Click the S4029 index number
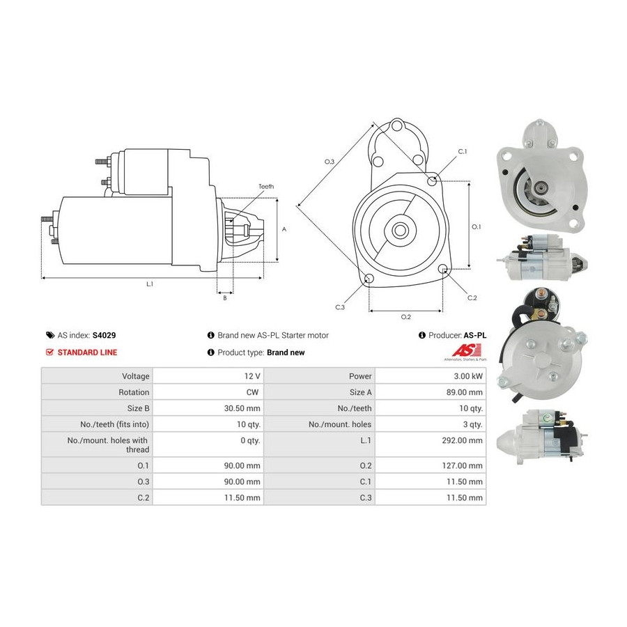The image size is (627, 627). (104, 335)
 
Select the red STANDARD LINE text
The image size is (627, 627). (87, 353)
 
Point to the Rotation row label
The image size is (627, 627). (134, 392)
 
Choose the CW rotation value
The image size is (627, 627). (252, 392)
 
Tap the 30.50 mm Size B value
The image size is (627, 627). (242, 408)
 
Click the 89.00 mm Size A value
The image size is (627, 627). (464, 392)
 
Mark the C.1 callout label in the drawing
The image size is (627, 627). (463, 152)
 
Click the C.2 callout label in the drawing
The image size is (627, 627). (472, 297)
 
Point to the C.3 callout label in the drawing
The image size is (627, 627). (339, 307)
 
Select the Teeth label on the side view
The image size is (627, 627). (266, 186)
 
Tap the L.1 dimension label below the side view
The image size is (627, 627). (150, 284)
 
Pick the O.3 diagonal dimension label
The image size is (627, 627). (329, 162)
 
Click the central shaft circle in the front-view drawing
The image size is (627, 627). (399, 230)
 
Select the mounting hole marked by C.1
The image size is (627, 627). (432, 181)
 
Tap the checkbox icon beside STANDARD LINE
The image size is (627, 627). (49, 353)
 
